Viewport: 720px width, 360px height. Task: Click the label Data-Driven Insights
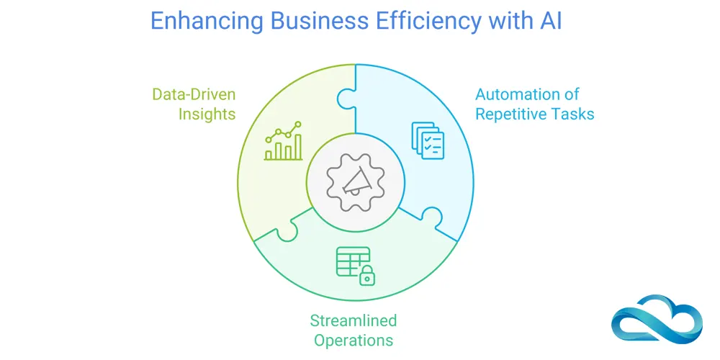[194, 104]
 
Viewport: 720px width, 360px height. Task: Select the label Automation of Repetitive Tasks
[534, 104]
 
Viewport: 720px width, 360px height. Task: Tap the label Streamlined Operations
[353, 330]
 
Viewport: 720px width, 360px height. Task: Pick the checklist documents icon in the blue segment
[427, 140]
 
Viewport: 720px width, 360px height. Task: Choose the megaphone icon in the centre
[354, 180]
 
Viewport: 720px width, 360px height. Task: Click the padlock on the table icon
[368, 274]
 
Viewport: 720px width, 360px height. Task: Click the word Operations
[353, 340]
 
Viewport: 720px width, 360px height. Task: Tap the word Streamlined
[353, 320]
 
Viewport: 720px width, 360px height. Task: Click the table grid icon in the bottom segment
[352, 261]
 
